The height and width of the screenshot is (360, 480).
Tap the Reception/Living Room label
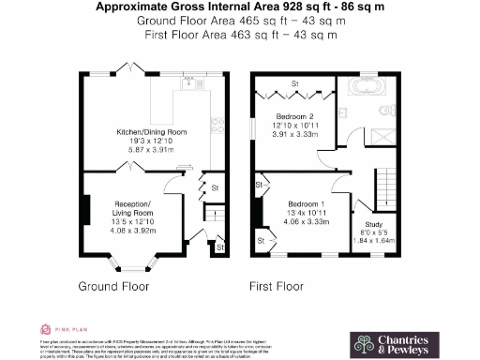tap(133, 207)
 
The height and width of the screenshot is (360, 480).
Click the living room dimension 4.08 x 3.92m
tap(133, 230)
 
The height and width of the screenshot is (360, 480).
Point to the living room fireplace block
tap(86, 208)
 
